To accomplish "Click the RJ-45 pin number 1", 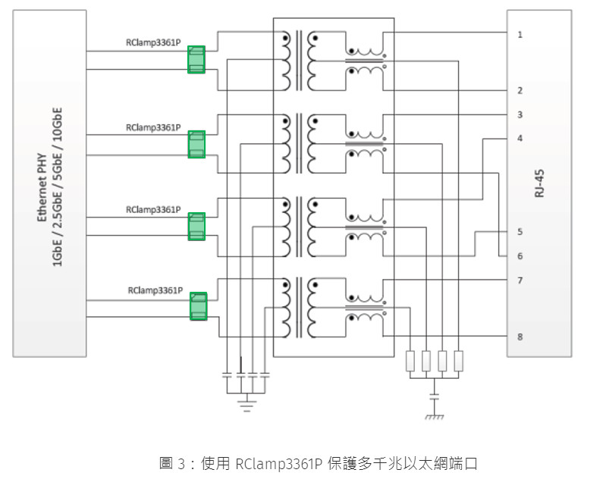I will point(520,35).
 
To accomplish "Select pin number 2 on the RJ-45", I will point(520,91).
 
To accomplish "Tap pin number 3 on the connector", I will point(520,115).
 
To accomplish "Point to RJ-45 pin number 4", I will point(520,139).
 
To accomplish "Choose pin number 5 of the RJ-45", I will point(520,232).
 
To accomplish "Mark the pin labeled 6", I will point(520,256).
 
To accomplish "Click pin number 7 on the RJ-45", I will point(520,280).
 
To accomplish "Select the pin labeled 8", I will point(520,337).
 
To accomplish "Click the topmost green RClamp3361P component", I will point(196,60).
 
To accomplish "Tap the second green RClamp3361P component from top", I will point(196,144).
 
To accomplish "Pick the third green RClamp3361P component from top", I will point(196,227).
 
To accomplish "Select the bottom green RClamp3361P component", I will point(198,306).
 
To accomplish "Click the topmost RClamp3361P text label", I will point(154,44).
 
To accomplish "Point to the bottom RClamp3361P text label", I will point(155,290).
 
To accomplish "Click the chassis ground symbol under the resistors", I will point(434,415).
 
